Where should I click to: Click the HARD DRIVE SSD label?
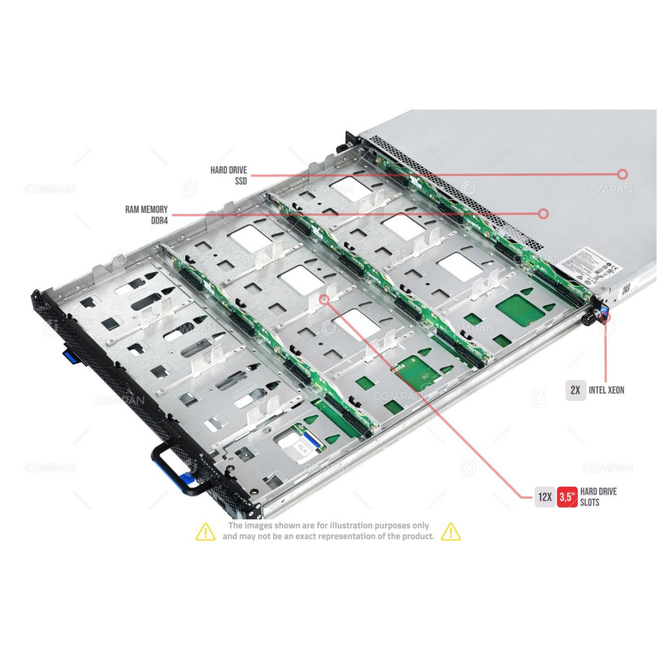tap(229, 175)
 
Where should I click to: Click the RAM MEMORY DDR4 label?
tap(147, 215)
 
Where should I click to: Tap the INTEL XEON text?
tap(606, 390)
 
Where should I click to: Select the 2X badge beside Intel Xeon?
tap(576, 390)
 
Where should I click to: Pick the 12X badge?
tap(544, 497)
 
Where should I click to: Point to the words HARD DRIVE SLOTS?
tap(599, 497)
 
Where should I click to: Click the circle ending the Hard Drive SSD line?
tap(622, 174)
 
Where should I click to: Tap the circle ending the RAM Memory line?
tap(543, 214)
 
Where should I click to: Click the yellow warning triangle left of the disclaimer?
tap(206, 531)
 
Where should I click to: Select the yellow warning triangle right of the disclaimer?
tap(451, 531)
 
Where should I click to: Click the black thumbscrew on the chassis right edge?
tap(589, 315)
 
